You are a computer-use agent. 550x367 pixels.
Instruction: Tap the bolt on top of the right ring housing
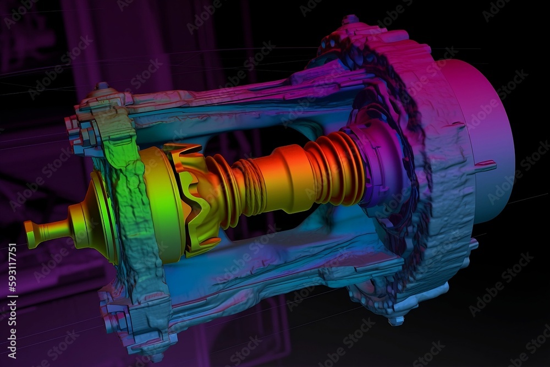[x=350, y=21]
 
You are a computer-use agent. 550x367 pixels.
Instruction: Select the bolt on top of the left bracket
[x=102, y=87]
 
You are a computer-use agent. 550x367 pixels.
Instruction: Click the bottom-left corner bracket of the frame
[x=118, y=319]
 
